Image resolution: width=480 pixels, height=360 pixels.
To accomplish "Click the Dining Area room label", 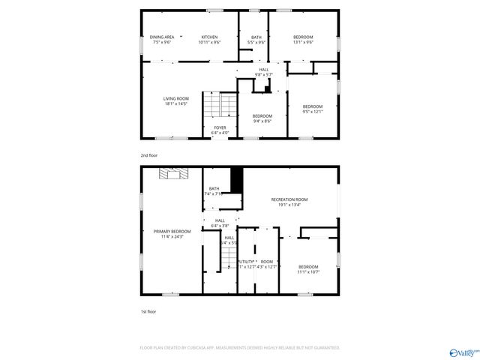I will tap(162, 40).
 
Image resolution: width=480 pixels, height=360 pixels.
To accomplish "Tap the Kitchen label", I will tap(208, 40).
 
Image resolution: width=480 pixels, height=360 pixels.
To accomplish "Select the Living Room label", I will tap(176, 101).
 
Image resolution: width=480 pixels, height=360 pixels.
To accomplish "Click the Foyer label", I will tap(220, 130).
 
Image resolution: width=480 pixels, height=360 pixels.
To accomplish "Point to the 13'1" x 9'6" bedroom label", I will tap(303, 40).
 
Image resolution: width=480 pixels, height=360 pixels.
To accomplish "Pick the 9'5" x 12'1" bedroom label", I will tap(312, 109).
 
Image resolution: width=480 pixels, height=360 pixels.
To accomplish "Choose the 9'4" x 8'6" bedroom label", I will tap(261, 118).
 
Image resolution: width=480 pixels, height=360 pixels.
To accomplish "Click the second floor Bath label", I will tap(256, 40).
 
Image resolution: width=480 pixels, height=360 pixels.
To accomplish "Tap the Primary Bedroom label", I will tap(172, 233).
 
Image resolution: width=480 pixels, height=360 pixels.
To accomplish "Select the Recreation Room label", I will tap(289, 202).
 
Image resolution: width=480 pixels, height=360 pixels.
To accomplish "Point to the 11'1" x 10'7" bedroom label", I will tap(308, 269).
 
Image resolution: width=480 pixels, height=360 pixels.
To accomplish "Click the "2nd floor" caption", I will tap(149, 155).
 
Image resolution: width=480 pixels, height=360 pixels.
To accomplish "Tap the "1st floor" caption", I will tap(148, 311).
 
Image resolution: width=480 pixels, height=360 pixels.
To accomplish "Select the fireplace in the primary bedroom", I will tap(171, 174).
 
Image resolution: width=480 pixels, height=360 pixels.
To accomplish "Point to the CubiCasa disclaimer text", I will tap(240, 348).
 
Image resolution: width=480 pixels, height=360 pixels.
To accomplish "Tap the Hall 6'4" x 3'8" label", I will tap(219, 223).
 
